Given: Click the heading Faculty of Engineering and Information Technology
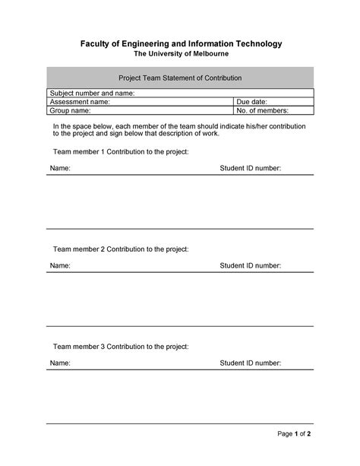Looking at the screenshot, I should (181, 44).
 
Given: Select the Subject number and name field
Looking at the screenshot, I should (181, 93).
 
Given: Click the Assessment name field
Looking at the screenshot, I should (140, 101).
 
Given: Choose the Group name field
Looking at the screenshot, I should (140, 110).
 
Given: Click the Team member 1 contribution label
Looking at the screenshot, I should (120, 152).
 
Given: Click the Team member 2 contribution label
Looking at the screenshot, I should (120, 249).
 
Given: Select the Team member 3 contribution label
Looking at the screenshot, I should (120, 347).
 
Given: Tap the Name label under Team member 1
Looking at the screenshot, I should (60, 169).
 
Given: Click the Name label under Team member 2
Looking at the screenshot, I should (60, 266).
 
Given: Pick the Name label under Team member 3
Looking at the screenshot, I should (60, 363).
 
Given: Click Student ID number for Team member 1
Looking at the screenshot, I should (251, 169).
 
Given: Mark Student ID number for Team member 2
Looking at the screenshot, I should (251, 266).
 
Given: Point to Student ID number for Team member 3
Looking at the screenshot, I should (251, 363).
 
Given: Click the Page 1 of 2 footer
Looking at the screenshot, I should (295, 434).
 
